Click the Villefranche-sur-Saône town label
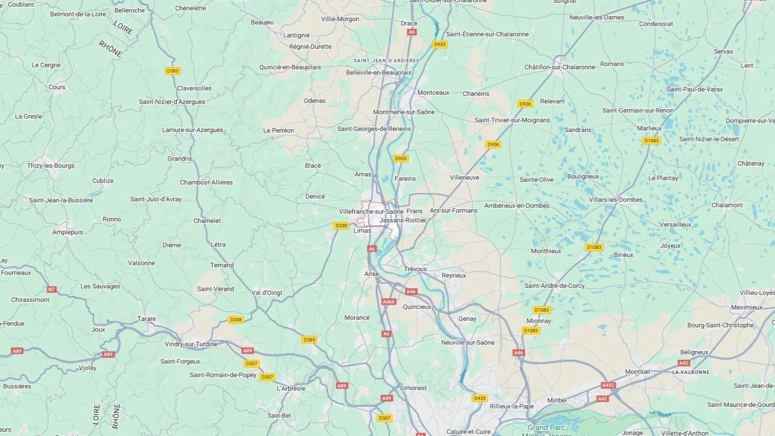point(371,211)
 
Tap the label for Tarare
point(147,319)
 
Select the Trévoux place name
point(415,269)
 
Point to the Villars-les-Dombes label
point(615,200)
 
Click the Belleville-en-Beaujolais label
point(379,72)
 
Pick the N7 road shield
point(51,289)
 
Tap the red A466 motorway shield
point(389,302)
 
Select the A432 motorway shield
point(608,385)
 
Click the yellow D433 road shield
point(479,398)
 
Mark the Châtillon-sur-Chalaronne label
point(559,67)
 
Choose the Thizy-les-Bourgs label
point(51,166)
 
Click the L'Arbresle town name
point(291,388)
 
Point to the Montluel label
point(637,372)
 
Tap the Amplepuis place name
point(68,232)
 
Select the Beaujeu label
point(262,22)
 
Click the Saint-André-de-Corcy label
point(554,286)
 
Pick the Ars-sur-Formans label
point(453,210)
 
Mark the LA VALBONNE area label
point(691,372)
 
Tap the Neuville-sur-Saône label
point(468,342)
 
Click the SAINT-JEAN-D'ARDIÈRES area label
point(386,60)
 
